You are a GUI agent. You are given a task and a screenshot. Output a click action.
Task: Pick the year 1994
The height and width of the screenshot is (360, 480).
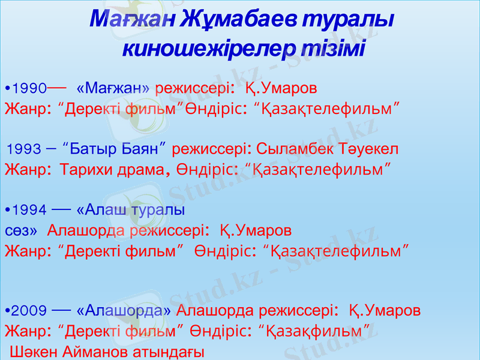click(x=29, y=211)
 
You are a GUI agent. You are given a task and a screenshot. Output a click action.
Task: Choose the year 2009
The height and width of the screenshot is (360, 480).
click(x=29, y=311)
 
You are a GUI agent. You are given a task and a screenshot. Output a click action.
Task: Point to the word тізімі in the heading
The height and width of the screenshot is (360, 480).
click(x=335, y=47)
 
